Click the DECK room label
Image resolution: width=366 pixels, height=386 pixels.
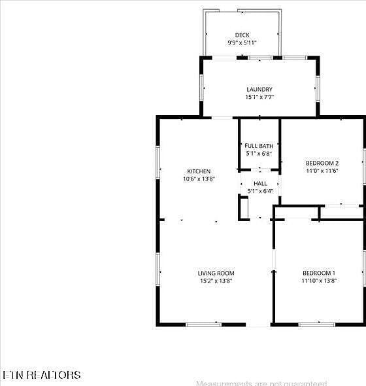click(242, 35)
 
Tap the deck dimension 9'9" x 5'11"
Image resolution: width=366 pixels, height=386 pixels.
click(242, 43)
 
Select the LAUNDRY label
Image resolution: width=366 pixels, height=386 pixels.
click(259, 90)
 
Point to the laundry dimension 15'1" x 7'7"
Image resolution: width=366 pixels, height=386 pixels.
click(259, 97)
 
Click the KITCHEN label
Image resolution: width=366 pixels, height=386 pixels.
click(199, 171)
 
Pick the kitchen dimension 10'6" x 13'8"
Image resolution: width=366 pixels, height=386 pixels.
click(199, 179)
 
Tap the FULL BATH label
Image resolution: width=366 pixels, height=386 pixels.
click(259, 146)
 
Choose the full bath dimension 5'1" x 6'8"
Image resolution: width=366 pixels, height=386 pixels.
click(259, 153)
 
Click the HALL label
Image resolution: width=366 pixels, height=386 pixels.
click(260, 184)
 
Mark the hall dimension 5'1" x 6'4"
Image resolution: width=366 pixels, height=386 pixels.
click(260, 191)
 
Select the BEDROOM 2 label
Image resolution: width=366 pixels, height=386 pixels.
click(322, 164)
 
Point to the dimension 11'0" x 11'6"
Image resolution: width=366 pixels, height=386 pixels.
click(322, 171)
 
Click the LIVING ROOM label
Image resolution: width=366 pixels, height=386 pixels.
click(216, 273)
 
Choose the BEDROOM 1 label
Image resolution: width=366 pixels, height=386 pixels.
click(319, 273)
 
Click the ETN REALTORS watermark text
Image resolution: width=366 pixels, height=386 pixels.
click(42, 375)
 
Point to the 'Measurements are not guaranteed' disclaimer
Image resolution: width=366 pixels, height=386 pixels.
click(261, 383)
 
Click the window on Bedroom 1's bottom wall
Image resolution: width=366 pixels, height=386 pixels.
click(317, 325)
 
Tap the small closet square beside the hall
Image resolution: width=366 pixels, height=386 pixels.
click(244, 207)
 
